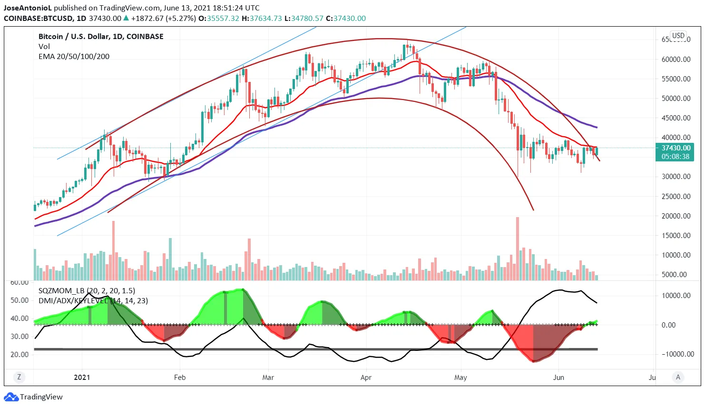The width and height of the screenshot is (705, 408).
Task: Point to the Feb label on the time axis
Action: [x=179, y=378]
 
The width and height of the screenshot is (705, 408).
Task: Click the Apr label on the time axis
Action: [x=366, y=378]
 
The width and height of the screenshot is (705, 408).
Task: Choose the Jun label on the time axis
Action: [x=558, y=378]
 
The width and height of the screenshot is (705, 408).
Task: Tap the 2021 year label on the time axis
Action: [x=82, y=378]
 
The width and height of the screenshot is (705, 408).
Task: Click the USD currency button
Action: [x=678, y=36]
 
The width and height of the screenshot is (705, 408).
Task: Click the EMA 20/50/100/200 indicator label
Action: [x=74, y=57]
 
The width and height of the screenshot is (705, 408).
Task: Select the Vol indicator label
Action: [x=44, y=47]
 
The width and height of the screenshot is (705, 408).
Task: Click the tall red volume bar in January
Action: [x=113, y=250]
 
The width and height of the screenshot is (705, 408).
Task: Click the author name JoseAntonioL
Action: [x=27, y=8]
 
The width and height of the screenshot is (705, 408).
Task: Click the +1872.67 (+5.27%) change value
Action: [x=163, y=19]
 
